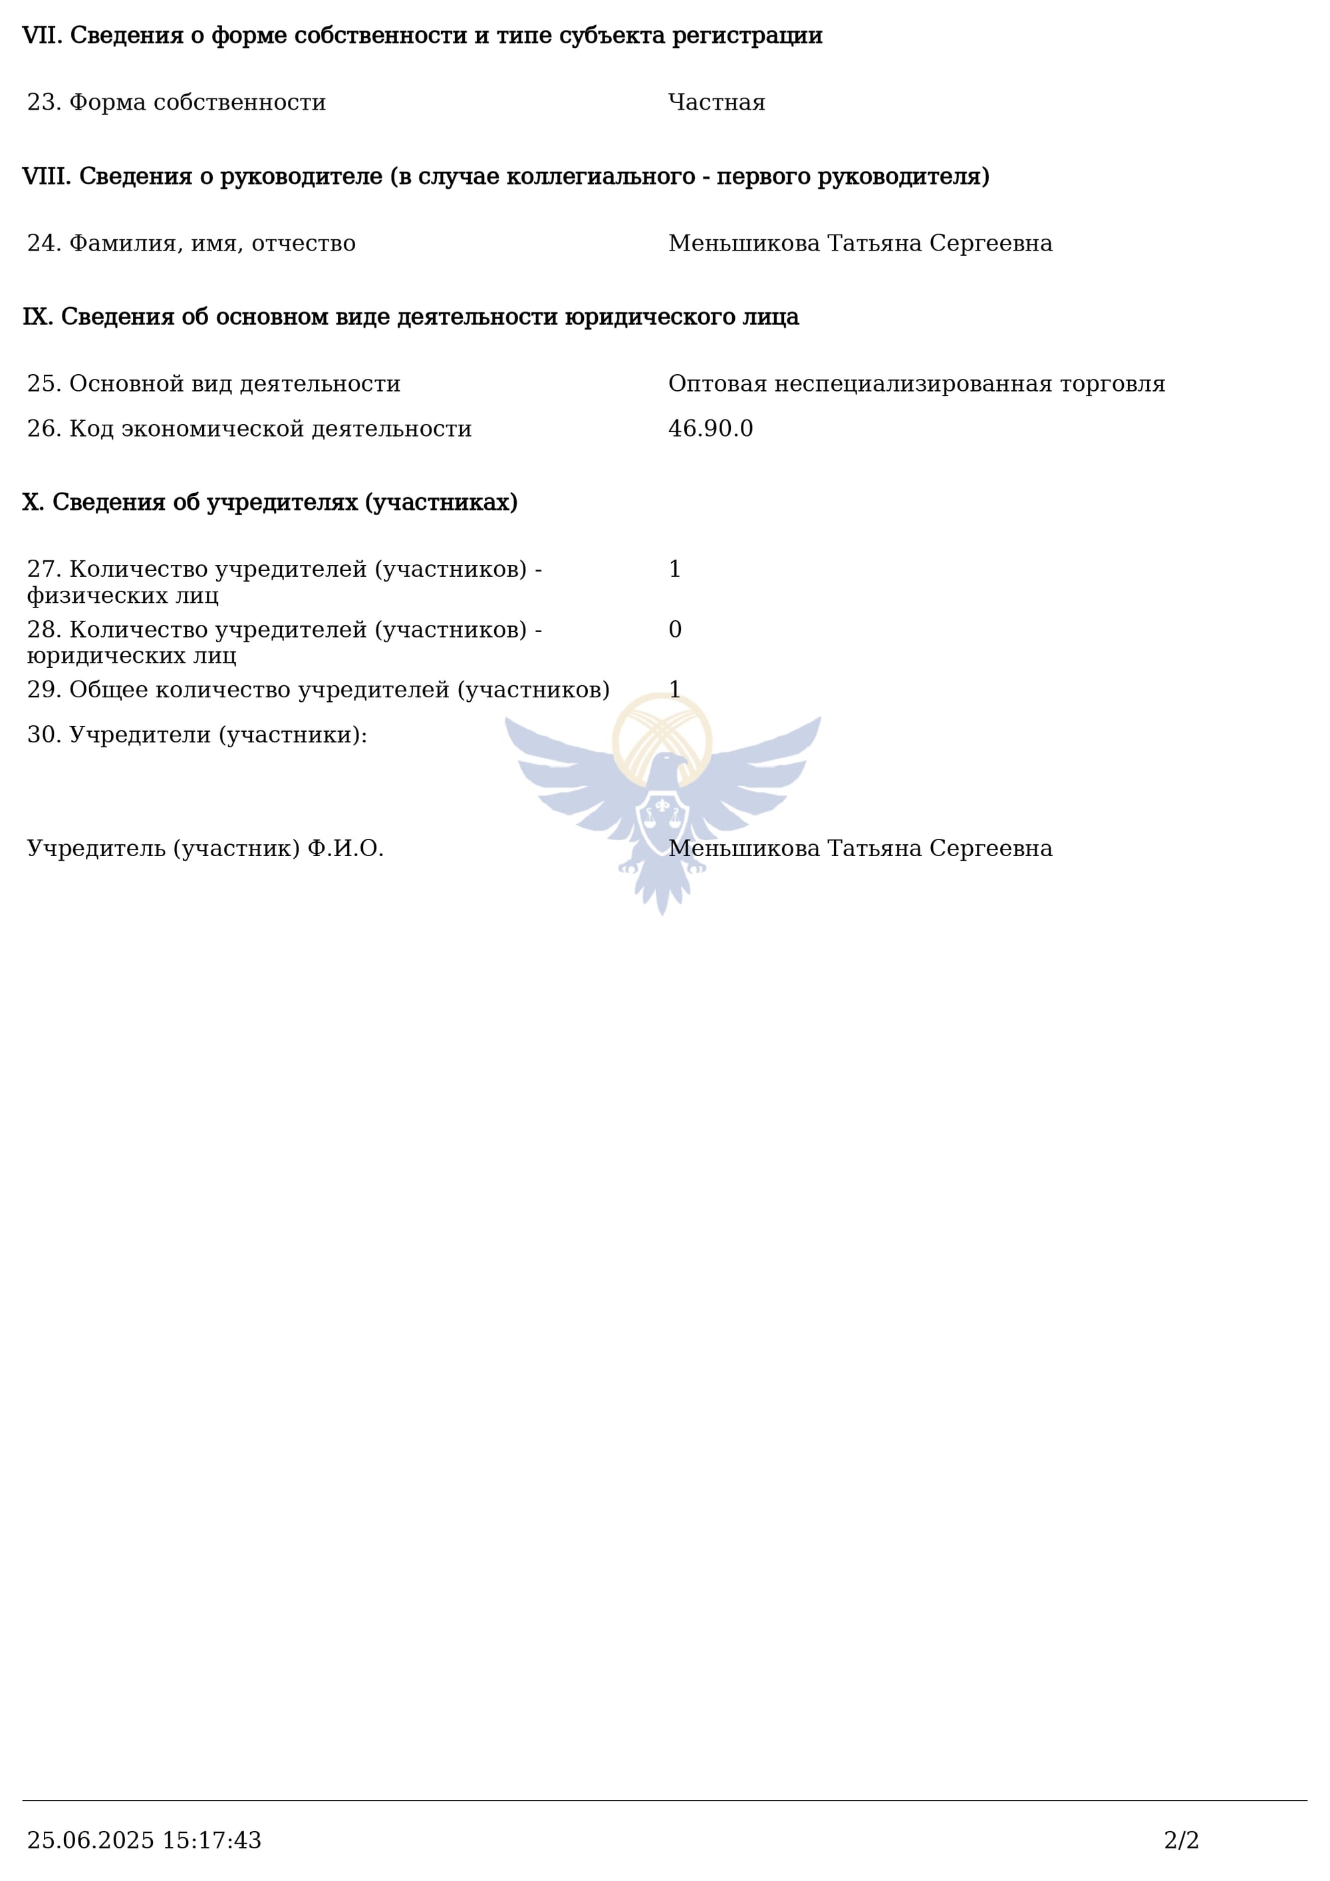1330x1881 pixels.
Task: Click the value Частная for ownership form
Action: click(716, 102)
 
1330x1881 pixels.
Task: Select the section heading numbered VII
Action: click(422, 35)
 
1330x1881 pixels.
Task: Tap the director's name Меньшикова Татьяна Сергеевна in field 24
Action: click(860, 243)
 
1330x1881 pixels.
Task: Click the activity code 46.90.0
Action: click(710, 429)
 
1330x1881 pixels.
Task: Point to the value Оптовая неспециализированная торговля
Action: click(916, 384)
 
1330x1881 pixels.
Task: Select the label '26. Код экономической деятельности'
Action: click(249, 429)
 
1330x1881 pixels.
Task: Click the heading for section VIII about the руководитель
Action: click(505, 176)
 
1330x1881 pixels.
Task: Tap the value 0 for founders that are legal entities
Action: click(674, 629)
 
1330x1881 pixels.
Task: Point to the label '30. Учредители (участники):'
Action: click(197, 735)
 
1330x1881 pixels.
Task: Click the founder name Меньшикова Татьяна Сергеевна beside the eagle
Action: click(860, 848)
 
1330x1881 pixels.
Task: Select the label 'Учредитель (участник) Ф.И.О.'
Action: click(205, 848)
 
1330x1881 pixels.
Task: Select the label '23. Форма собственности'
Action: click(176, 102)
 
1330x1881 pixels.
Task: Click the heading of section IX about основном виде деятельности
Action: click(410, 317)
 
